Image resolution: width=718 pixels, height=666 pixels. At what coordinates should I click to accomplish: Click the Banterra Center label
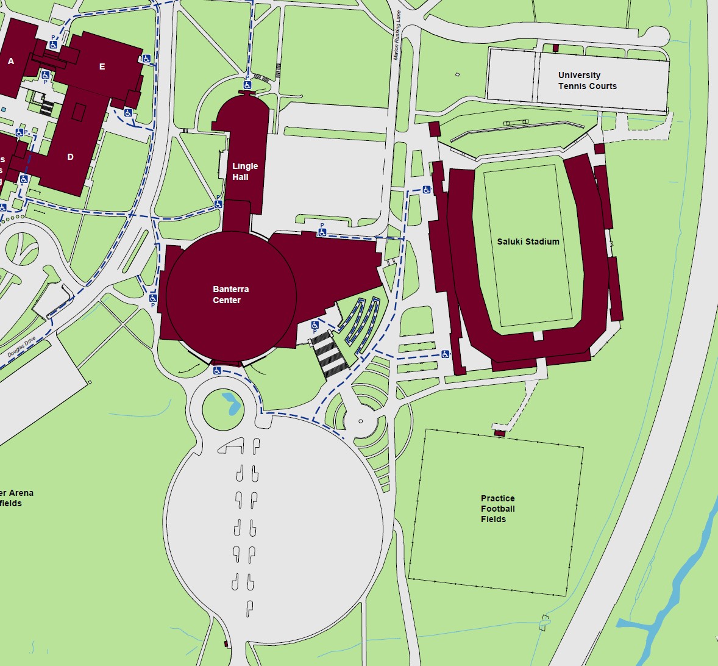[230, 295]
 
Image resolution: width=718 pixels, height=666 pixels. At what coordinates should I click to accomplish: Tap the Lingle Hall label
[244, 171]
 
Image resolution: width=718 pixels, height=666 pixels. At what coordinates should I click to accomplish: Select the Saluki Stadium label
[528, 242]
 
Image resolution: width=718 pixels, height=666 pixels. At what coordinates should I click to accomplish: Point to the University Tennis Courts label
[587, 81]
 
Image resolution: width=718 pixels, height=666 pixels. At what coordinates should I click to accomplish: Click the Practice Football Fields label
[497, 509]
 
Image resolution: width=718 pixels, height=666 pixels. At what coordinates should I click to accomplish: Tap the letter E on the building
[102, 66]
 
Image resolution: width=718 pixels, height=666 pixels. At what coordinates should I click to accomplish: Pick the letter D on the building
[70, 157]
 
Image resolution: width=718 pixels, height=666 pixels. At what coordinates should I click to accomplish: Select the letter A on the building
[11, 61]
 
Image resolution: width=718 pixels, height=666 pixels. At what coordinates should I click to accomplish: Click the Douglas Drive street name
[22, 347]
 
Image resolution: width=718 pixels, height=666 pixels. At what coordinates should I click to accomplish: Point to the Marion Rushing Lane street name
[397, 35]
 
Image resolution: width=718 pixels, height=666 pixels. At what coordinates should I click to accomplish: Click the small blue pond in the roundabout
[231, 403]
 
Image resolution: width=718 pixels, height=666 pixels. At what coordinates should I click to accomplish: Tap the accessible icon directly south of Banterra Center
[216, 370]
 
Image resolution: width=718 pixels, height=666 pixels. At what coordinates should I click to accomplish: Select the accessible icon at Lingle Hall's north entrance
[247, 85]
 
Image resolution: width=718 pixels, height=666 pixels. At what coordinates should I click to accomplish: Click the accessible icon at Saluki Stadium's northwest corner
[427, 190]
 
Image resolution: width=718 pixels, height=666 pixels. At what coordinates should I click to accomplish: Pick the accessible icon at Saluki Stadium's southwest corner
[446, 354]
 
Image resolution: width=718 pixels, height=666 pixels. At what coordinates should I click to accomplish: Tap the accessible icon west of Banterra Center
[153, 298]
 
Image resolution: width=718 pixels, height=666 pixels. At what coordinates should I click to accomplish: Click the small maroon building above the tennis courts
[555, 48]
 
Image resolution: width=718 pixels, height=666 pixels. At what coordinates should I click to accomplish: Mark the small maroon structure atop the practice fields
[499, 432]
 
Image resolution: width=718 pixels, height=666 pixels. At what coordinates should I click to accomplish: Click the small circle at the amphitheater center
[360, 421]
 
